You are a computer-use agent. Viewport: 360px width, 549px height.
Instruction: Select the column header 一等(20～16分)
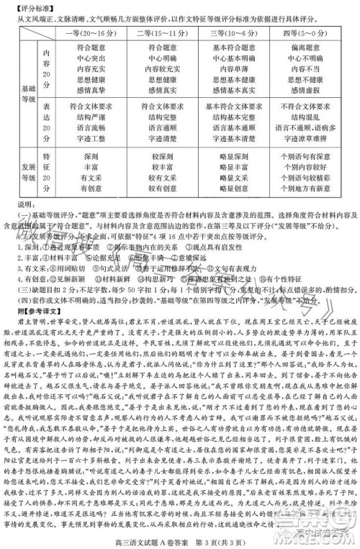pyautogui.click(x=90, y=33)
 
